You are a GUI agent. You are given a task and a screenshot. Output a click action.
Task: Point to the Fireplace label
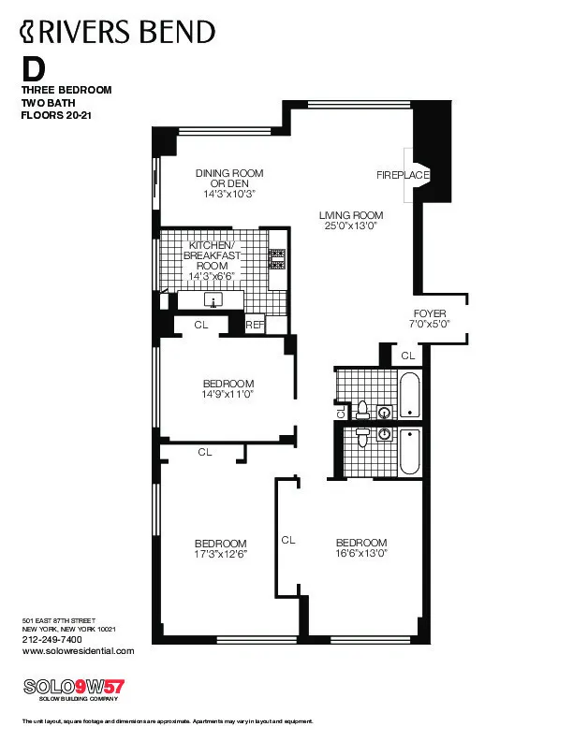pos(403,175)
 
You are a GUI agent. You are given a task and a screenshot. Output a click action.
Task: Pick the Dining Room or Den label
pos(229,178)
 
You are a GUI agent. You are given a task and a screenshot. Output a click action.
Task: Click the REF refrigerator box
pos(254,325)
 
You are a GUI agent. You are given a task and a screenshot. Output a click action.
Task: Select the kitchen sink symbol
pos(214,300)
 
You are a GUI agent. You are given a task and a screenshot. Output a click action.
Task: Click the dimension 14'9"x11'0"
pos(228,395)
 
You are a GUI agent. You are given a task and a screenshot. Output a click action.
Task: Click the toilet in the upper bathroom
pos(363,409)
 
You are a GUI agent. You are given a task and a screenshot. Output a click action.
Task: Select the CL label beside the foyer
pos(407,356)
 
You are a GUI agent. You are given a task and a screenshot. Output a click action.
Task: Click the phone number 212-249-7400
pos(52,639)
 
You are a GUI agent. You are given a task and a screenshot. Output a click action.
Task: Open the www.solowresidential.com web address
pos(78,650)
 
